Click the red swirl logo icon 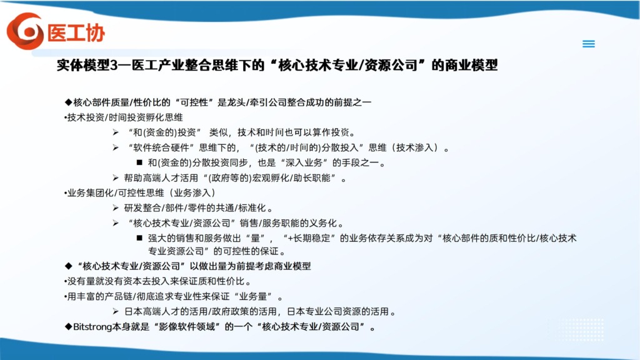25,31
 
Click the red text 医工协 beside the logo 76,33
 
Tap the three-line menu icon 589,44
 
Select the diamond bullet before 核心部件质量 68,102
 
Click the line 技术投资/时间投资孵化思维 124,117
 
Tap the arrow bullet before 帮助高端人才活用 116,177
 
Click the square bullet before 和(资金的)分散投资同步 139,162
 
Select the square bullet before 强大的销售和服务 139,237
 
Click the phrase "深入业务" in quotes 302,163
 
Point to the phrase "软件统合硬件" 162,147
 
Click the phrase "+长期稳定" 310,238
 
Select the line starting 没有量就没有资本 157,281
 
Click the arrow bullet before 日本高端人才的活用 116,311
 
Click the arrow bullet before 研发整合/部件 116,207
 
